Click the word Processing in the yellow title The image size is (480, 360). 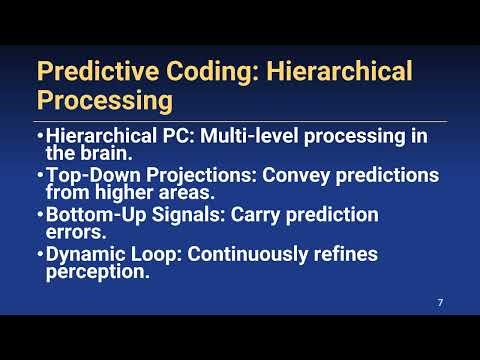104,101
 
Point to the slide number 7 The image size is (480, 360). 441,302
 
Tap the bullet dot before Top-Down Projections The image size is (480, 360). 39,176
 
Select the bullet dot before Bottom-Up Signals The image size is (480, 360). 39,215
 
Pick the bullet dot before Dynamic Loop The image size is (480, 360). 39,254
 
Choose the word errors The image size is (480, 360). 74,232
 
